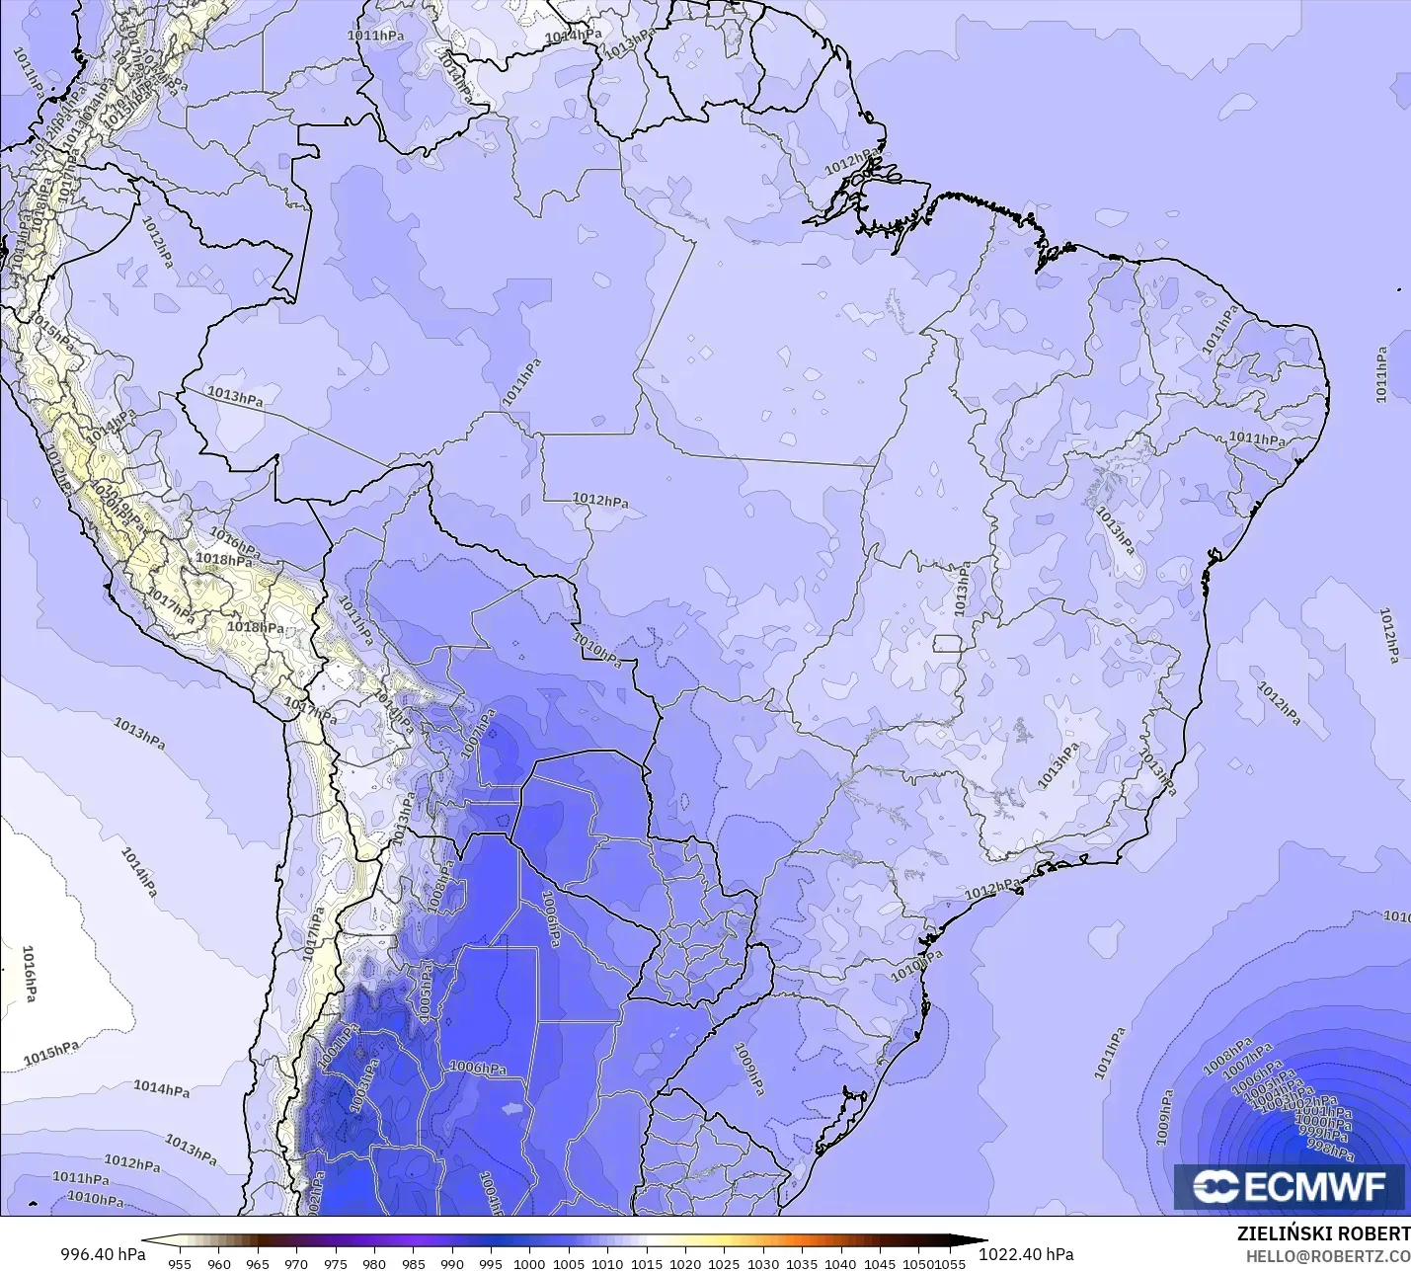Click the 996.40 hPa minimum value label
point(103,1254)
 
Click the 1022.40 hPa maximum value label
point(1026,1254)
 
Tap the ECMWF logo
point(1289,1187)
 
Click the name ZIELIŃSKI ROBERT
point(1323,1233)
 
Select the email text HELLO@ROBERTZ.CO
point(1327,1255)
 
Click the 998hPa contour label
point(1329,1148)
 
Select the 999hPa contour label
point(1325,1134)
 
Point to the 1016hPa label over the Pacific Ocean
point(29,973)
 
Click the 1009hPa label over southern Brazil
point(748,1070)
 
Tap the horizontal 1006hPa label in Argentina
point(478,1068)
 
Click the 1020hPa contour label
point(103,491)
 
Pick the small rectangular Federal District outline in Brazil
point(949,644)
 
